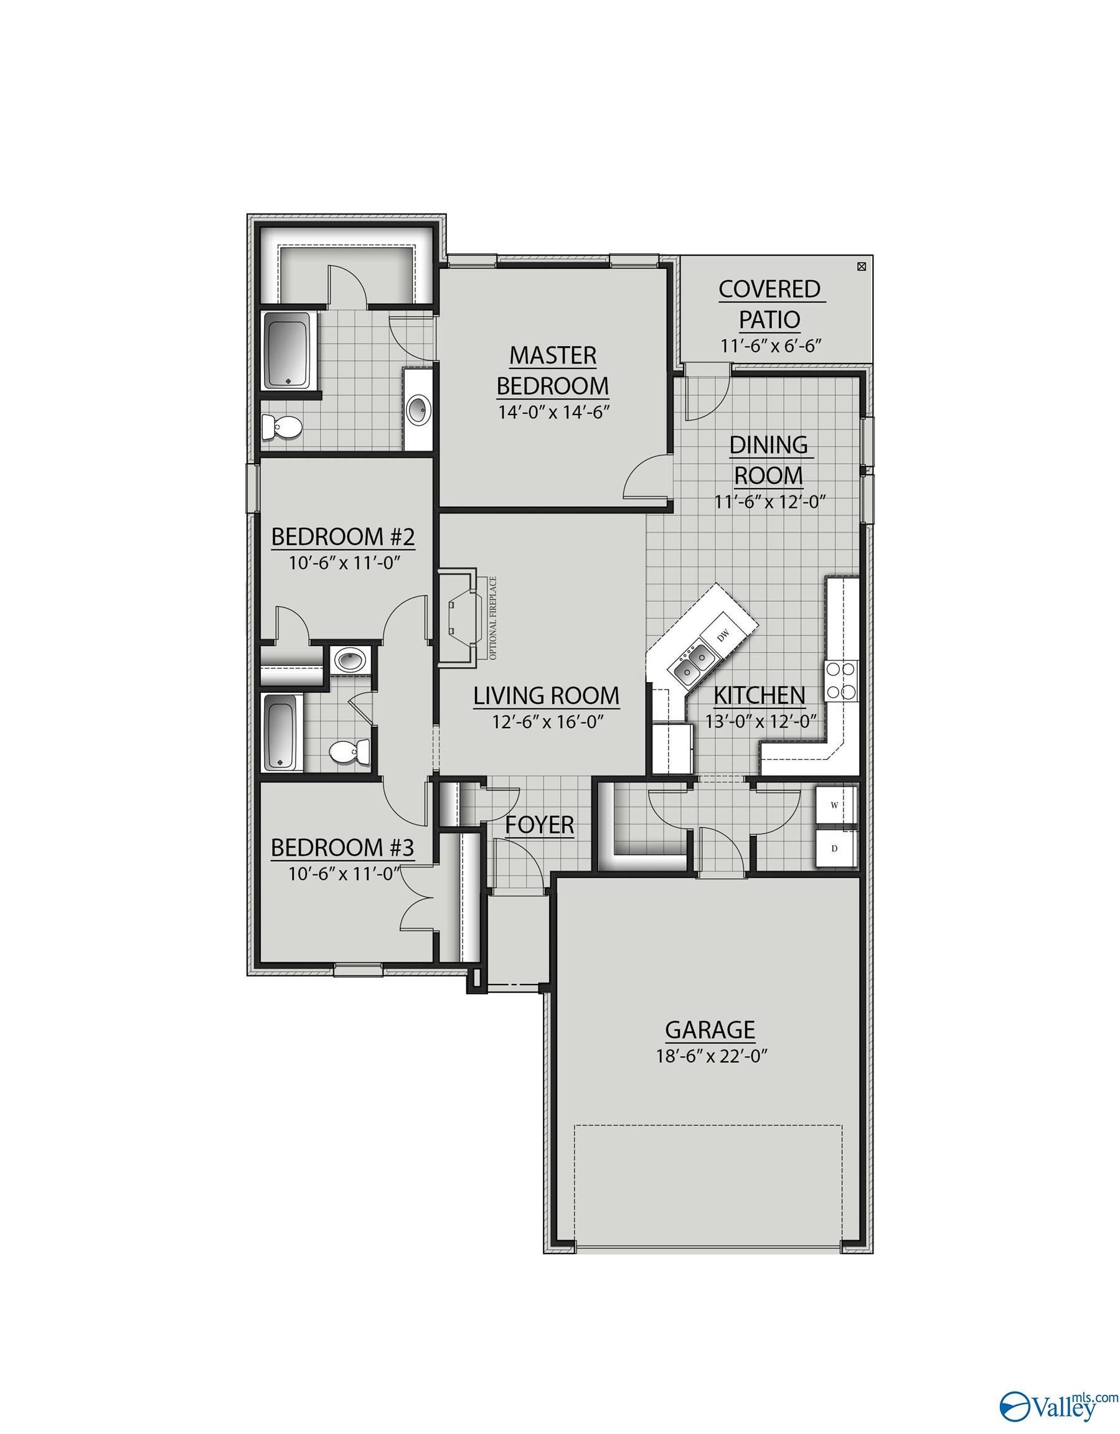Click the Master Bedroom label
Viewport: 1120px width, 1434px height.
552,370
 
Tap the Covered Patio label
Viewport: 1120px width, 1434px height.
769,304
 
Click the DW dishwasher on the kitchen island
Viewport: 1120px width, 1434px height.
724,635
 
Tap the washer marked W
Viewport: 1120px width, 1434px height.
835,805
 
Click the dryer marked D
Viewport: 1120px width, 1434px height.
835,848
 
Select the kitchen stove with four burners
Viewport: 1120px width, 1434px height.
842,680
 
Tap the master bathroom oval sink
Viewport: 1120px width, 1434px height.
418,410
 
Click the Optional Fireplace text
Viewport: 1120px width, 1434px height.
493,618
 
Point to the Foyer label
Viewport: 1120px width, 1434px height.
539,825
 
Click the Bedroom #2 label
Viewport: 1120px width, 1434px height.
343,537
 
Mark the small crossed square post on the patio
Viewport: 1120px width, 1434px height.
861,266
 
